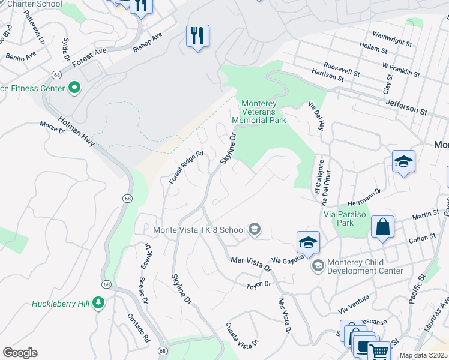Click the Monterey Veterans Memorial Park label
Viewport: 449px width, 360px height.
263,112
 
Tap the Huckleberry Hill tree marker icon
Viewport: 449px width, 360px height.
98,304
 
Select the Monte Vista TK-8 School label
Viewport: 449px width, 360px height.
199,229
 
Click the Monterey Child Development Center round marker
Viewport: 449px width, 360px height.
317,265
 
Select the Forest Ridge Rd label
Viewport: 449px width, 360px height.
186,167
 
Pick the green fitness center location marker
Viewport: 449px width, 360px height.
74,88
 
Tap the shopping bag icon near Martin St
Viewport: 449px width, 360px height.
382,227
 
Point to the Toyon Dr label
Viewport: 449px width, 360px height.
259,284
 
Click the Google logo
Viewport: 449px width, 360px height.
20,353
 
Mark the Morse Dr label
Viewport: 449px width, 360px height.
52,127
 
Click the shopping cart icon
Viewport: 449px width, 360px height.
378,352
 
